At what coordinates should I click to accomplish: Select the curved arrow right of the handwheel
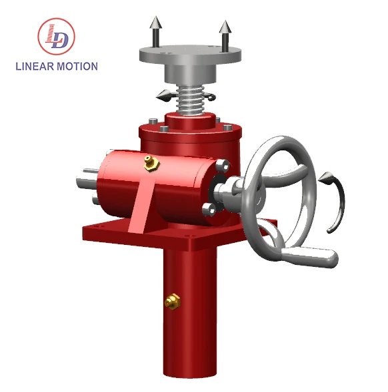(337, 200)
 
